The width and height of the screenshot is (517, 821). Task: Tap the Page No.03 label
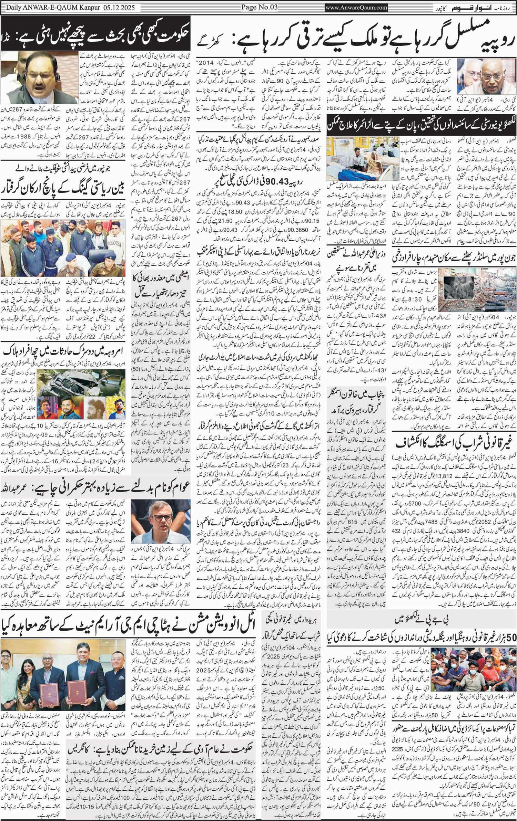click(x=258, y=7)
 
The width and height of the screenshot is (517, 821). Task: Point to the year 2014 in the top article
click(x=213, y=63)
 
